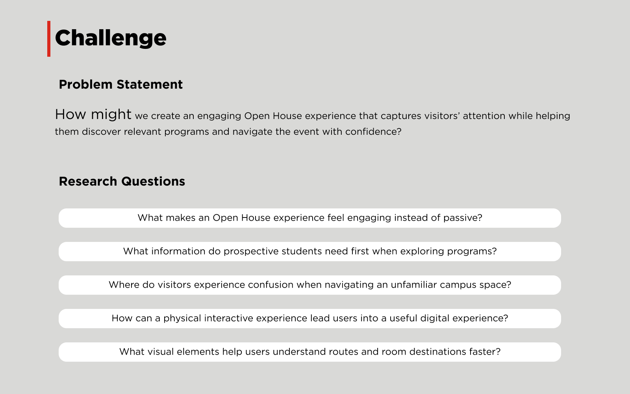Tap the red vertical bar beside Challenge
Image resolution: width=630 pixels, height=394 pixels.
[49, 39]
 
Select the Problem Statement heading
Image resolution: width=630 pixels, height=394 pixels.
[120, 84]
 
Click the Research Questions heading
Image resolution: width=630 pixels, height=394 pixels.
[122, 181]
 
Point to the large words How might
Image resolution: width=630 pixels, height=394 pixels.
[93, 115]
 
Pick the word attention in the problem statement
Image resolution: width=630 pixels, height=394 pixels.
[484, 116]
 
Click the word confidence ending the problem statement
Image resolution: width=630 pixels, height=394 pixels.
[373, 132]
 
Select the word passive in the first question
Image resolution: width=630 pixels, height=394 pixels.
[463, 218]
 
